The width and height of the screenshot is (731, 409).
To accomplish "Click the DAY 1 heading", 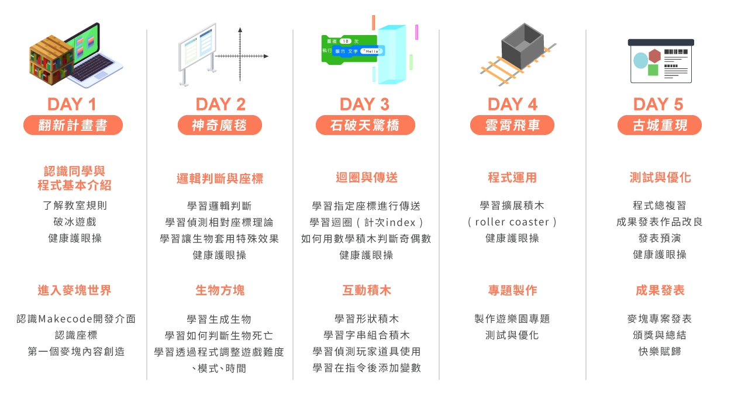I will [x=71, y=105].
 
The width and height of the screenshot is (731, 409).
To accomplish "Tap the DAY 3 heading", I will [x=364, y=105].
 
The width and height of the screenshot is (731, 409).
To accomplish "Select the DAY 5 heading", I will [x=658, y=105].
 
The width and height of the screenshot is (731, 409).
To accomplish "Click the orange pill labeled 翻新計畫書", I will [x=73, y=125].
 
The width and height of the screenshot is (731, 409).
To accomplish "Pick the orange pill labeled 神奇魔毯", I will [x=219, y=125].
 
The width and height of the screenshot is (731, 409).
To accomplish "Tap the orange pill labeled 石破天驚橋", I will [x=365, y=125].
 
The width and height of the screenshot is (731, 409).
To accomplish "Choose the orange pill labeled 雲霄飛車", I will [x=512, y=125].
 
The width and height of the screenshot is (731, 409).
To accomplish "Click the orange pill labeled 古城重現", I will [x=660, y=125].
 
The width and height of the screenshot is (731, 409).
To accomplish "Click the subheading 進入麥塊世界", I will [x=74, y=290].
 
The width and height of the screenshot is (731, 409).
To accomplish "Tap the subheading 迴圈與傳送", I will [x=366, y=178].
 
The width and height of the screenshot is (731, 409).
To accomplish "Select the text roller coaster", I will [x=512, y=222].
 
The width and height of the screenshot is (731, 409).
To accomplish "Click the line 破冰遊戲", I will [x=74, y=222].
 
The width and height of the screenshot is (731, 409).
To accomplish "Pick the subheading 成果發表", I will [x=660, y=290].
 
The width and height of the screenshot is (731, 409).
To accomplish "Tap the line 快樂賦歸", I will [x=660, y=352].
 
